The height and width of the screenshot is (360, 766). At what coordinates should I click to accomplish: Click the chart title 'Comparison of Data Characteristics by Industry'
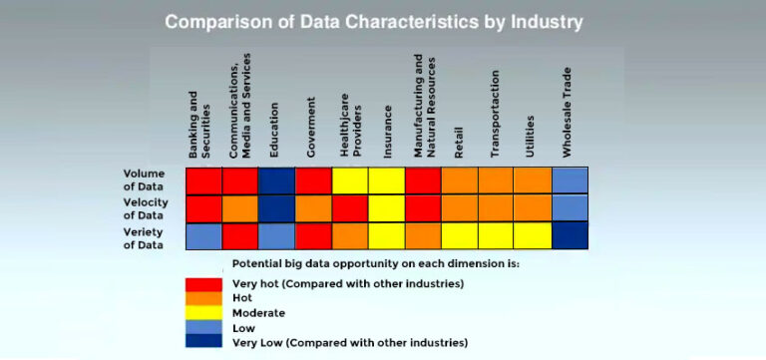point(374,21)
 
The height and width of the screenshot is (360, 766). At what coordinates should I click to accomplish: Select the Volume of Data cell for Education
point(276,180)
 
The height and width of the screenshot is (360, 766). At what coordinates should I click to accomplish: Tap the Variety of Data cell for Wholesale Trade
point(570,235)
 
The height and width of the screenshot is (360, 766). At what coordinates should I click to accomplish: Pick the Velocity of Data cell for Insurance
point(387,208)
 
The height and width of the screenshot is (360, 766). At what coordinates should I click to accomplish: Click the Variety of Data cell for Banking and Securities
point(203,235)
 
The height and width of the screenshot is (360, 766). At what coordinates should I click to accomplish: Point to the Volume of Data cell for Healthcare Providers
point(350,180)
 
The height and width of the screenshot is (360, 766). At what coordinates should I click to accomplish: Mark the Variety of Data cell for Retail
point(460,235)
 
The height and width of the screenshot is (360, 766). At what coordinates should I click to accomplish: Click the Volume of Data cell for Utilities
point(533,180)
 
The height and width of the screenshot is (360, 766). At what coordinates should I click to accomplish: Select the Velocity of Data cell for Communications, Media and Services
point(240,208)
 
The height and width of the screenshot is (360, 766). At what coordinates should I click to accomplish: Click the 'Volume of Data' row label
point(144,180)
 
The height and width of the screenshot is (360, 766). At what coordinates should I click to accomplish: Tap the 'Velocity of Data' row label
point(144,208)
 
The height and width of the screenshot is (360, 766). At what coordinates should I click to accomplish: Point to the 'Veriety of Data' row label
point(144,237)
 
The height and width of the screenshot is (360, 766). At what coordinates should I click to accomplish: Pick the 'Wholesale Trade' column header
point(569,125)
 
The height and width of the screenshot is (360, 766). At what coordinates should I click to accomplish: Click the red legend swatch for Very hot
point(203,283)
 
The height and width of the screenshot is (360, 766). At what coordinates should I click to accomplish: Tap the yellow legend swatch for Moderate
point(203,312)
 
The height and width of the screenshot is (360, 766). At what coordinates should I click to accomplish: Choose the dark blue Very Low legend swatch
point(203,341)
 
